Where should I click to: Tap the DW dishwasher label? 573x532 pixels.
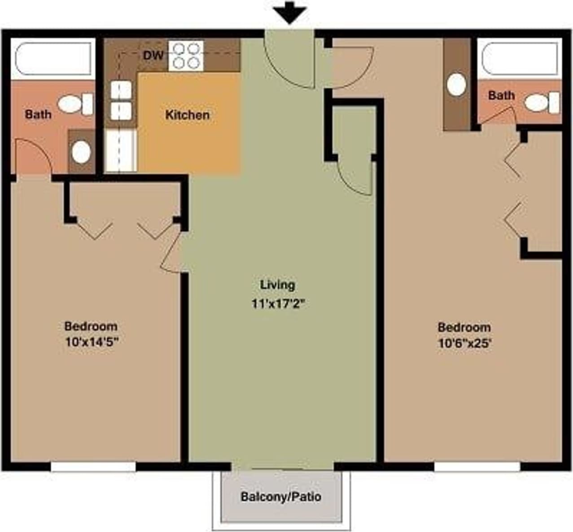pyautogui.click(x=153, y=56)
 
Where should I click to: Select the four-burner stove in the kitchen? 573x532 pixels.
pyautogui.click(x=186, y=56)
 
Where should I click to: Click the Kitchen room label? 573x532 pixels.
pyautogui.click(x=187, y=115)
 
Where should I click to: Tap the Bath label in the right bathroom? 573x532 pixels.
pyautogui.click(x=501, y=95)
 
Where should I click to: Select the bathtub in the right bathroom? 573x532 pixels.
pyautogui.click(x=520, y=59)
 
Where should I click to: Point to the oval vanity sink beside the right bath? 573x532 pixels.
pyautogui.click(x=457, y=85)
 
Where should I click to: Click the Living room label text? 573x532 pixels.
pyautogui.click(x=278, y=285)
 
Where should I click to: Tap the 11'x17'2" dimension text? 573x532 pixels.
pyautogui.click(x=278, y=304)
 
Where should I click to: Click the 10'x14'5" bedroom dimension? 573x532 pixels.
pyautogui.click(x=92, y=342)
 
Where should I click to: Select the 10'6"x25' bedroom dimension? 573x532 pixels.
pyautogui.click(x=464, y=344)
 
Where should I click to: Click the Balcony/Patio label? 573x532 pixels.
pyautogui.click(x=281, y=497)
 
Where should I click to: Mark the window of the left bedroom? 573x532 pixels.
pyautogui.click(x=93, y=467)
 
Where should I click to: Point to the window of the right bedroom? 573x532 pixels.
pyautogui.click(x=477, y=467)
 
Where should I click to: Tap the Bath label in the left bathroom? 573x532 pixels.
pyautogui.click(x=38, y=114)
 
